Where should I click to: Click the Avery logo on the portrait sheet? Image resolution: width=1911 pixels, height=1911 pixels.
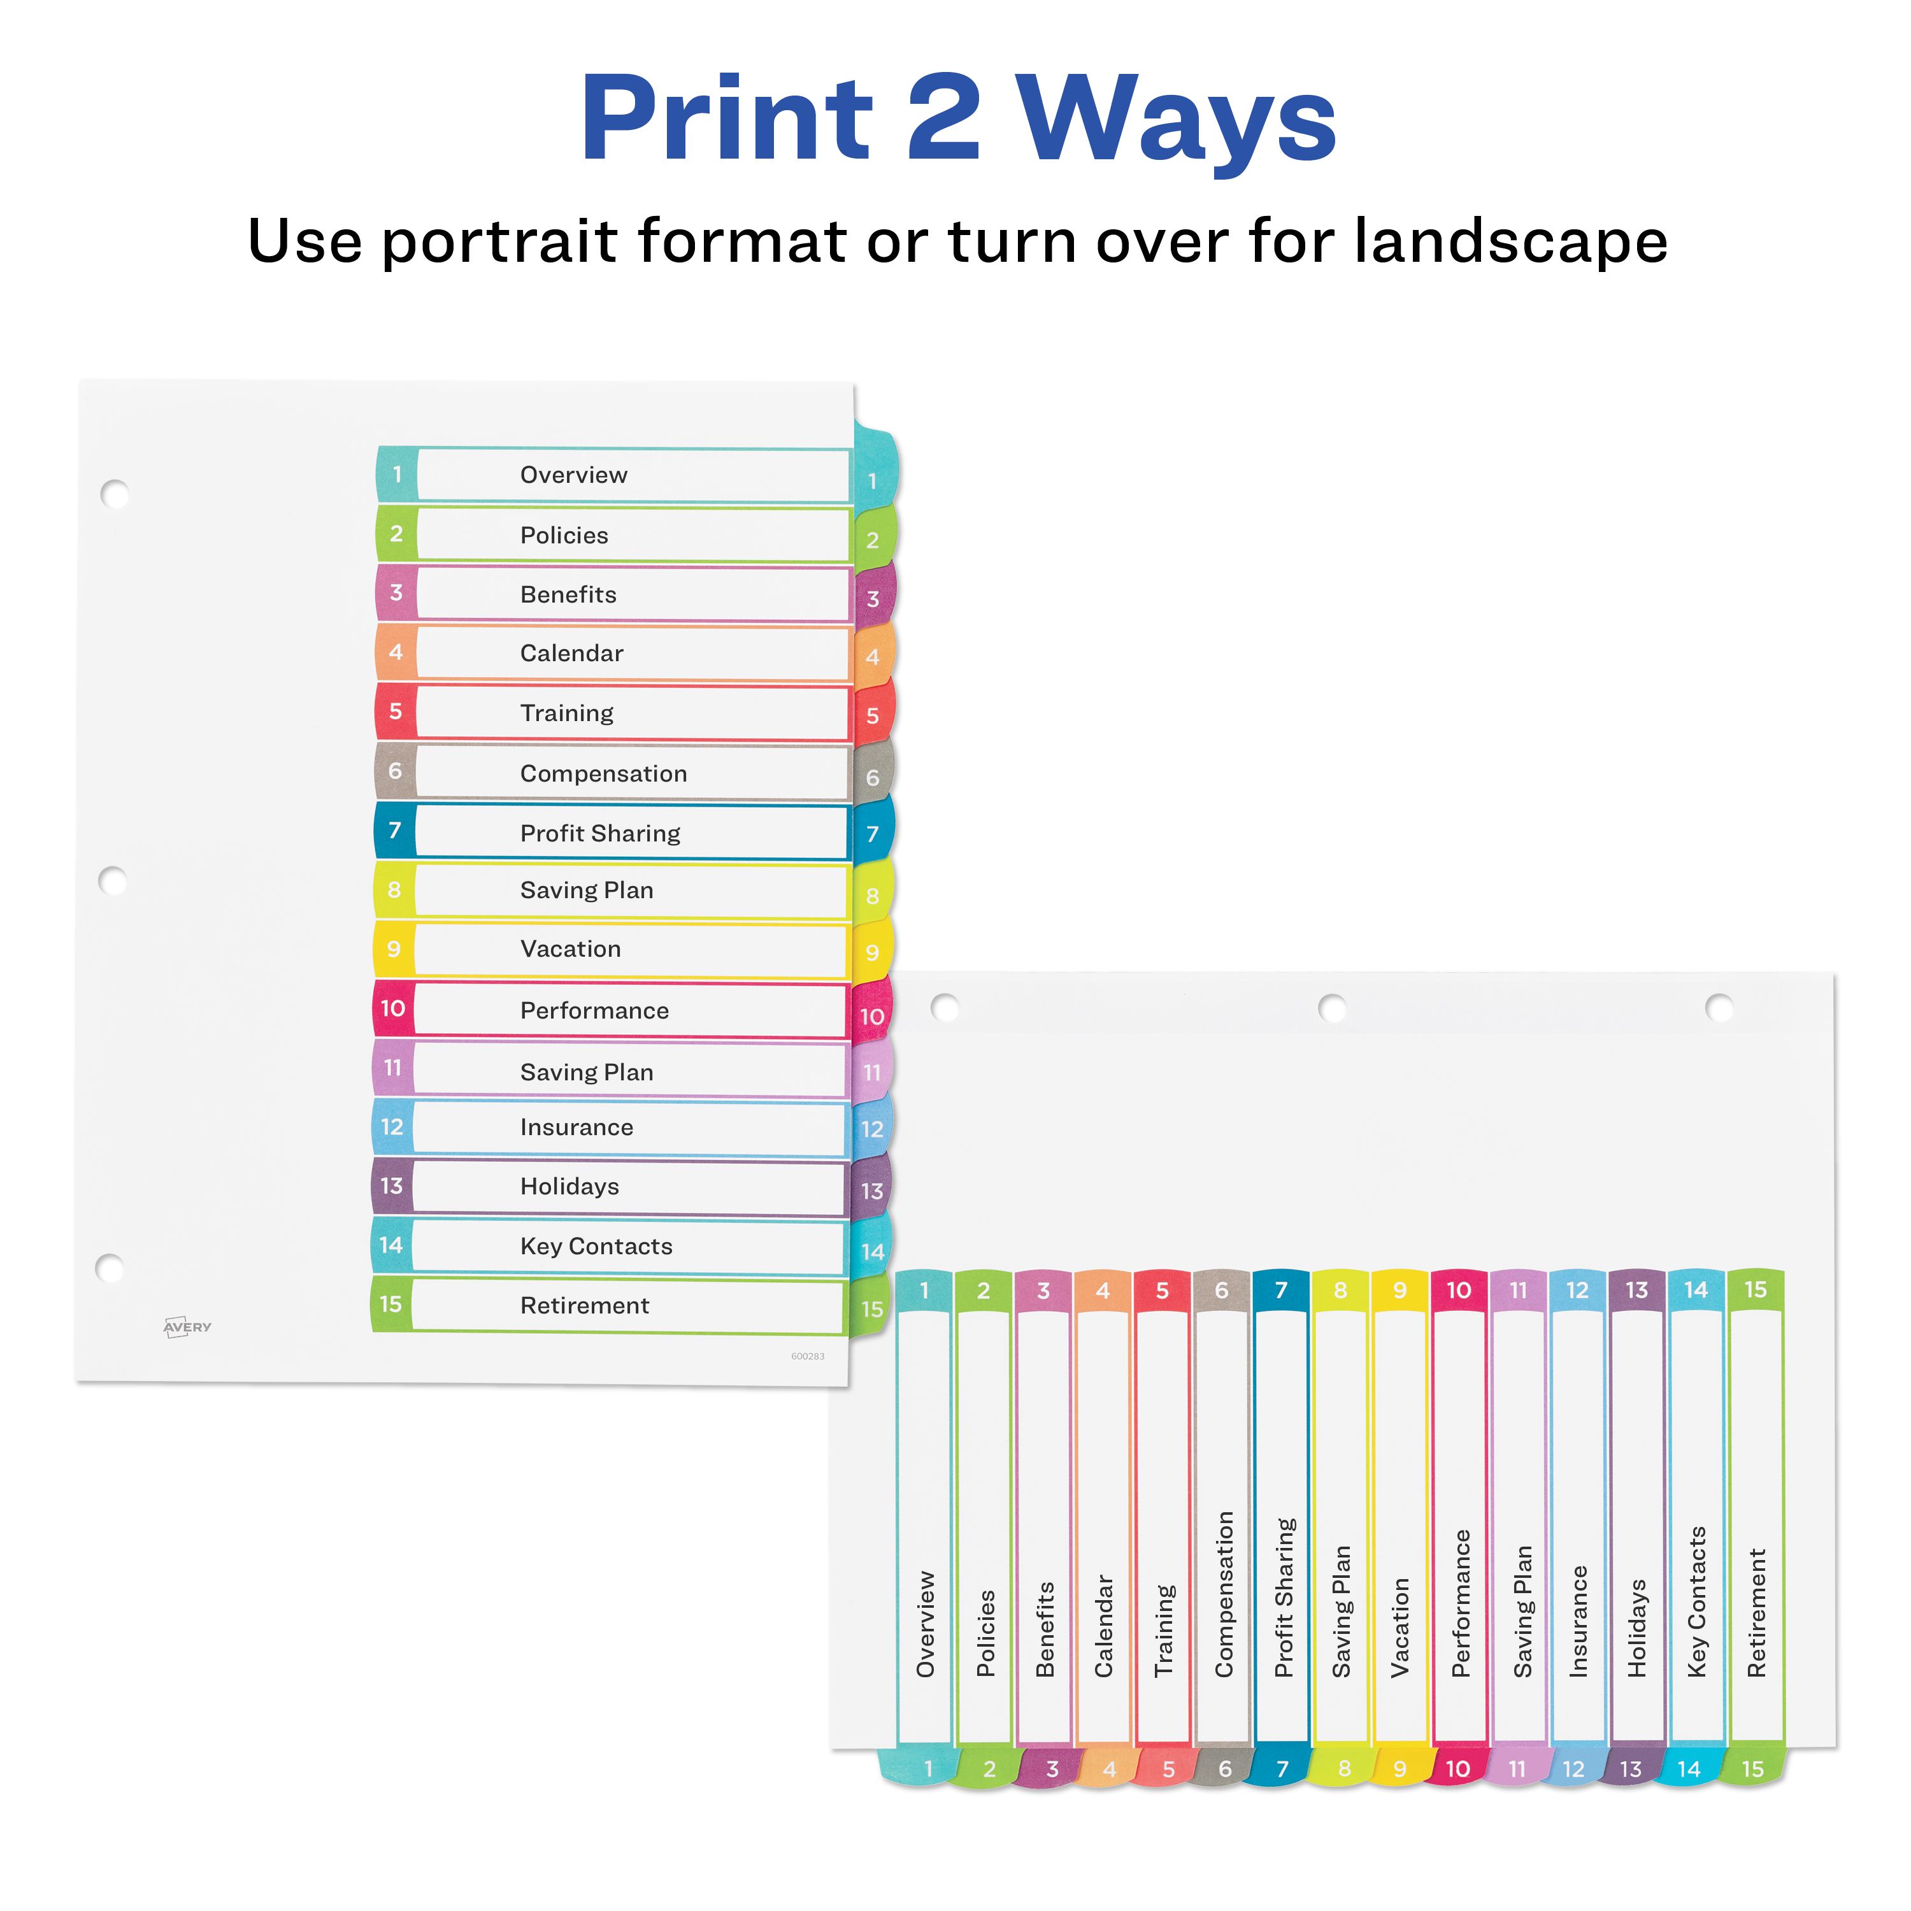tap(187, 1326)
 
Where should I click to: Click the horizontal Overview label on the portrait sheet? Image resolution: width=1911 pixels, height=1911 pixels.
tap(574, 475)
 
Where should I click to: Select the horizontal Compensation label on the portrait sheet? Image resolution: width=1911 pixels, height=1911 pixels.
tap(603, 773)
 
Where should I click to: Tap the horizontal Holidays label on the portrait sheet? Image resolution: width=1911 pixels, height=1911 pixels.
tap(569, 1187)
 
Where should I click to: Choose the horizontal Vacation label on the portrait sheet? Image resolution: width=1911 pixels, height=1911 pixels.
tap(571, 948)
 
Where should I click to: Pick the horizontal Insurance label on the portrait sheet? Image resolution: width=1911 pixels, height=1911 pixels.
tap(576, 1127)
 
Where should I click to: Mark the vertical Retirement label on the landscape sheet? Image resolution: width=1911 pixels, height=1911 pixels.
tap(1756, 1612)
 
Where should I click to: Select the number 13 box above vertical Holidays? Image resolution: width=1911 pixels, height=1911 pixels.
tap(1637, 1290)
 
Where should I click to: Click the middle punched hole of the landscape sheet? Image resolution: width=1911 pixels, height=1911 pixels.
tap(1333, 1008)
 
